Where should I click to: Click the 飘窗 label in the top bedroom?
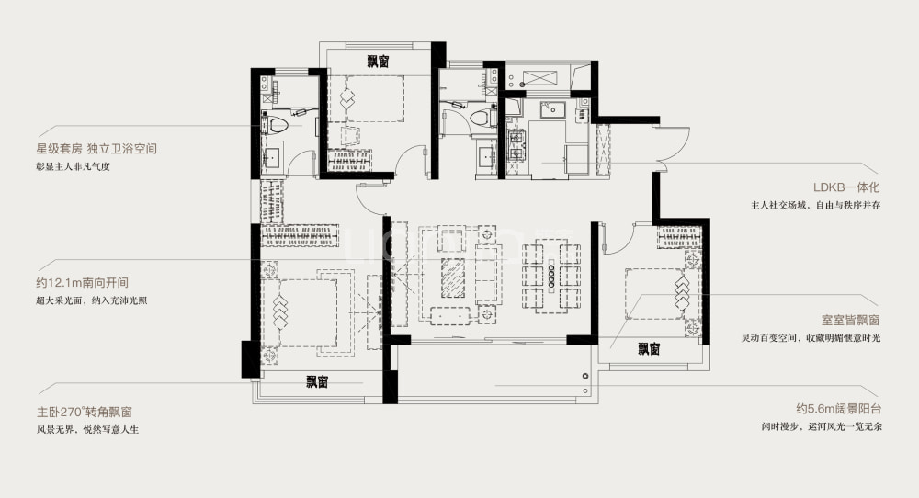coord(378,62)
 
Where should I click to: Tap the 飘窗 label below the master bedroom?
coord(317,382)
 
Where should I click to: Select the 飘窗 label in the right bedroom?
coord(649,349)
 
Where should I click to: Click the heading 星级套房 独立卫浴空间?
coord(96,149)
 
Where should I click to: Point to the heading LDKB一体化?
coord(846,187)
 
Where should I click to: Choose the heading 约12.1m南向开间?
coord(82,282)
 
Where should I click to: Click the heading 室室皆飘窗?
coord(850,321)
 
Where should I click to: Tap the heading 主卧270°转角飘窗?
coord(88,412)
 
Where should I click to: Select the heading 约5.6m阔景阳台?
coord(839,409)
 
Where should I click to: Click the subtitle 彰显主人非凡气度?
coord(74,166)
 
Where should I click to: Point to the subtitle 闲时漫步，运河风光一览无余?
coord(822,426)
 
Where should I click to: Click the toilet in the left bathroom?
coord(278,125)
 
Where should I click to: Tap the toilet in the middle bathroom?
coord(481,117)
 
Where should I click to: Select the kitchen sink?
coord(552,109)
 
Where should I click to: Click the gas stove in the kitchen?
coord(516,146)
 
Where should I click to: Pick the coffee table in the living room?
coord(453,278)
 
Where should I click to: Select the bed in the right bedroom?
coord(654,293)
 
